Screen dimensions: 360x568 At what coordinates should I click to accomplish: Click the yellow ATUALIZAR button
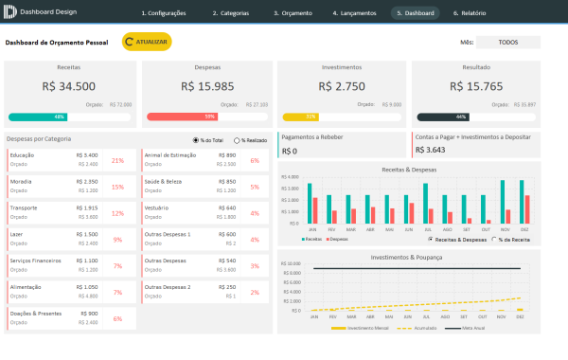click(x=147, y=43)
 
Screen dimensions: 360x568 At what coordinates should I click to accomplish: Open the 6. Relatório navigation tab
click(x=470, y=13)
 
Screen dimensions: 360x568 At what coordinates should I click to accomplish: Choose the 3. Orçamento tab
click(x=293, y=13)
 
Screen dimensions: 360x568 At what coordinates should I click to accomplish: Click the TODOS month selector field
click(x=507, y=43)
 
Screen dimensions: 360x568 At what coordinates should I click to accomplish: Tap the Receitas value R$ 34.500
click(x=69, y=86)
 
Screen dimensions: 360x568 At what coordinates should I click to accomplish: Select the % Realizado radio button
click(x=237, y=140)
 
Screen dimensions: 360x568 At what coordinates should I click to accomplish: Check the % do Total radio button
click(x=195, y=140)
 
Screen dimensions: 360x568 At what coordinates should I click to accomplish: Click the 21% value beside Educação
click(x=117, y=160)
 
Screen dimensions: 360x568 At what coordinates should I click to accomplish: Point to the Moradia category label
click(x=23, y=181)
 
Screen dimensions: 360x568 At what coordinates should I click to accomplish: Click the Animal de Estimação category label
click(x=170, y=154)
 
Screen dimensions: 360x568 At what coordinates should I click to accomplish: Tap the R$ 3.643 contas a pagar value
click(x=430, y=150)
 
